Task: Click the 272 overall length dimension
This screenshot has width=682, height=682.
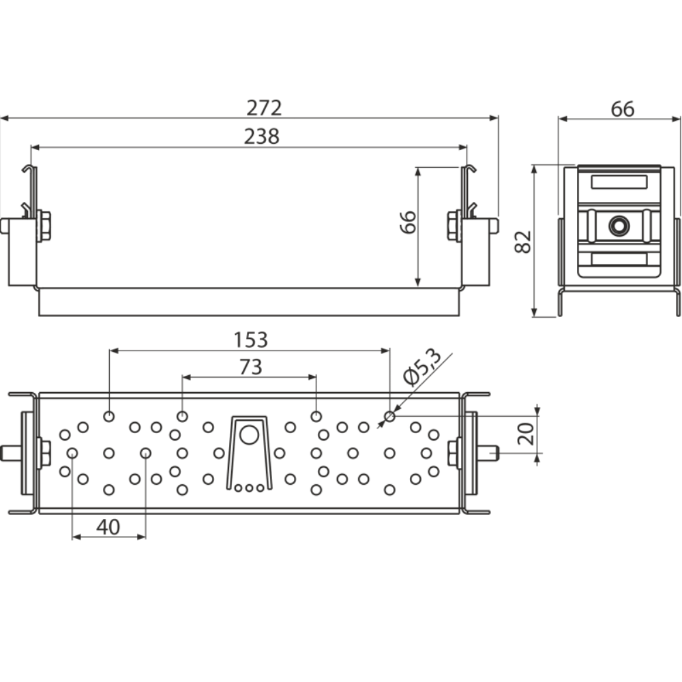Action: tap(264, 108)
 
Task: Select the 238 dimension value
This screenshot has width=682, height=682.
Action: tap(262, 136)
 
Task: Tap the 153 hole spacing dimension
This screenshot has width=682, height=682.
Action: tap(250, 340)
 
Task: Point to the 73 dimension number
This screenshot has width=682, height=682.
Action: tap(250, 368)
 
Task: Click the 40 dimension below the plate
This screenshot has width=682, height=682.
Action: tap(108, 527)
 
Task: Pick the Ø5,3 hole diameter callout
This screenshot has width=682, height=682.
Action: tap(421, 368)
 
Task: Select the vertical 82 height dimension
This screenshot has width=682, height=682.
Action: tap(523, 241)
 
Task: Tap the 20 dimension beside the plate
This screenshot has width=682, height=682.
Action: tap(525, 434)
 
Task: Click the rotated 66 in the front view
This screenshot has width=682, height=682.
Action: tap(408, 222)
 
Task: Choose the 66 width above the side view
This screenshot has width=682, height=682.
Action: tap(622, 109)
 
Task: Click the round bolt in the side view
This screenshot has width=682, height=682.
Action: tap(619, 225)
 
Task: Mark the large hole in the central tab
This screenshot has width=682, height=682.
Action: tap(249, 434)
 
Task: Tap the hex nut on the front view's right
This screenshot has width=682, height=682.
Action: tap(454, 226)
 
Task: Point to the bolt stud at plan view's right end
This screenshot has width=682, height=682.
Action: tap(488, 452)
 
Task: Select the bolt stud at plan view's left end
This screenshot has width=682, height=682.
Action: tap(12, 452)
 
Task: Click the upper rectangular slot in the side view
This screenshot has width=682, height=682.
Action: tap(619, 181)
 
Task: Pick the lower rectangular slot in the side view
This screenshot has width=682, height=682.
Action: tap(619, 259)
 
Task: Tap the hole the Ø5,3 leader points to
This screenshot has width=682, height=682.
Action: tap(389, 416)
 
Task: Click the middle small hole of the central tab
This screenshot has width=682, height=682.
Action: tap(249, 488)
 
